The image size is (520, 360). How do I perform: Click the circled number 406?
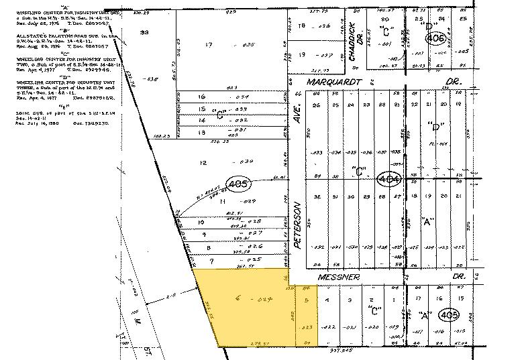click(x=435, y=39)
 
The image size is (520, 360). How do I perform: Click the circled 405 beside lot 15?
click(x=446, y=314)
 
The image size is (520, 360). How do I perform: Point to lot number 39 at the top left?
click(x=143, y=32)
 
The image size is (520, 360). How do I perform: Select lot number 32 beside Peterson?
click(x=315, y=196)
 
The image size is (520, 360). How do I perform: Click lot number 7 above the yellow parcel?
click(x=213, y=259)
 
